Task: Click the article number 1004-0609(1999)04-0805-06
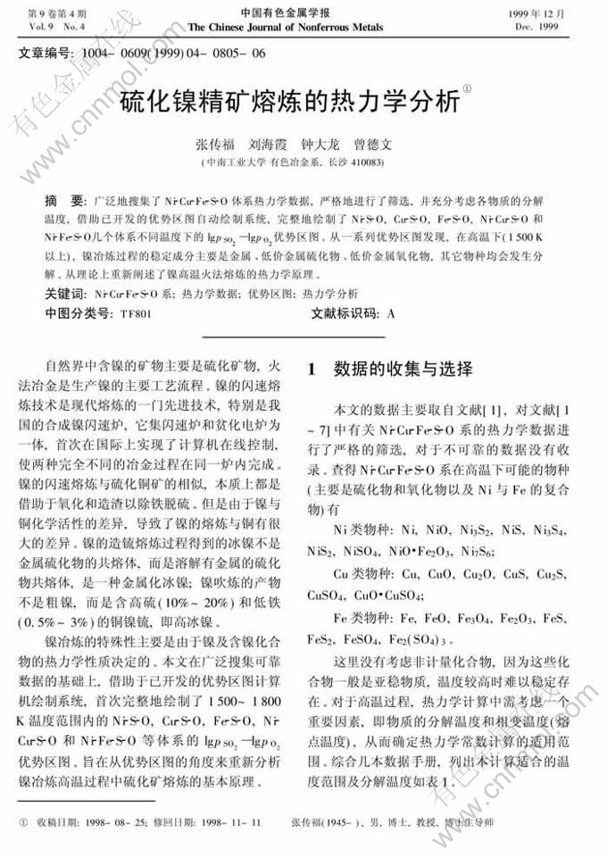pyautogui.click(x=171, y=54)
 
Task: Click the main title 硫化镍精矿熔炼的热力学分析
pyautogui.click(x=295, y=100)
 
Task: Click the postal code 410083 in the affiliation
pyautogui.click(x=365, y=162)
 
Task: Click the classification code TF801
pyautogui.click(x=135, y=313)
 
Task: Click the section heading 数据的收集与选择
pyautogui.click(x=402, y=369)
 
